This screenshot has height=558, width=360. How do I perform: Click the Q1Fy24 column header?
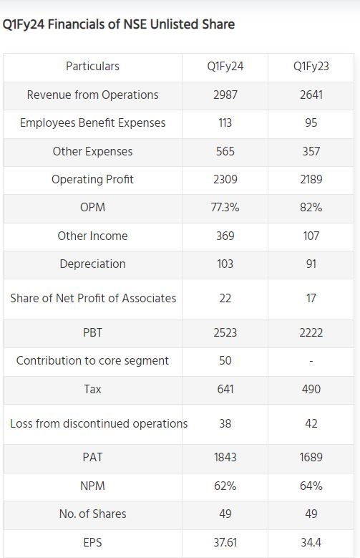(225, 66)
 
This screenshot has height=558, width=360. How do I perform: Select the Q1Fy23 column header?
(311, 66)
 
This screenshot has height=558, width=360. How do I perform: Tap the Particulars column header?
(92, 66)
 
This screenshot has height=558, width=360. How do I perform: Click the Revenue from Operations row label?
(92, 95)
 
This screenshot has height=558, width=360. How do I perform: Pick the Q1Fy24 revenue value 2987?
(225, 95)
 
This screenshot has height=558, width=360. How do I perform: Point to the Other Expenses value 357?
(311, 151)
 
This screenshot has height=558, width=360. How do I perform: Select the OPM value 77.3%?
(225, 207)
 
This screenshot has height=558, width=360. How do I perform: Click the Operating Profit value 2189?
(311, 179)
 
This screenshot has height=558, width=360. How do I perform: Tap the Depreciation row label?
(92, 264)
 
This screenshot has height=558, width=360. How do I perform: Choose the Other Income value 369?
(225, 236)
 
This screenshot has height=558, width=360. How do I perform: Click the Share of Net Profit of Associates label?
(93, 298)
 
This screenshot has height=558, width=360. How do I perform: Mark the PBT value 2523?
(225, 332)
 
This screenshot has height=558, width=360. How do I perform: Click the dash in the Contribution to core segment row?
(311, 361)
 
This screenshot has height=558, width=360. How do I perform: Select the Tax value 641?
(225, 389)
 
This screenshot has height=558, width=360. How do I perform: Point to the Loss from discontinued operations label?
(99, 423)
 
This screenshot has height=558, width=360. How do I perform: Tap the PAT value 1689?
(311, 457)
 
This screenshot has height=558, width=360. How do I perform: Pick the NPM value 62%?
(225, 486)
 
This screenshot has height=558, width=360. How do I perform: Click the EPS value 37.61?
(225, 542)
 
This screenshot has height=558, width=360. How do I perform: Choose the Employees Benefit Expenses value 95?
(311, 122)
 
